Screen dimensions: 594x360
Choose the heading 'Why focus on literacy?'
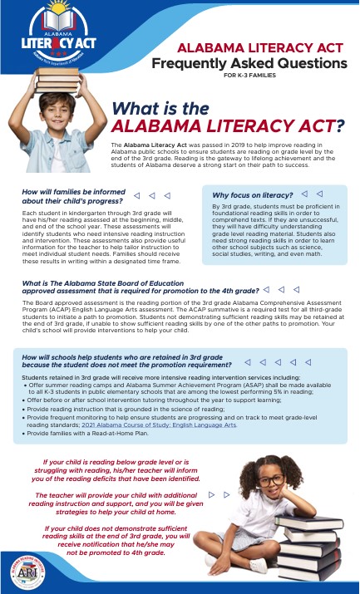(256, 194)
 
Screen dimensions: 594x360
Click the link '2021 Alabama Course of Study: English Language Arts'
(170, 425)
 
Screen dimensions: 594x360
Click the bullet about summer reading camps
(166, 388)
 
